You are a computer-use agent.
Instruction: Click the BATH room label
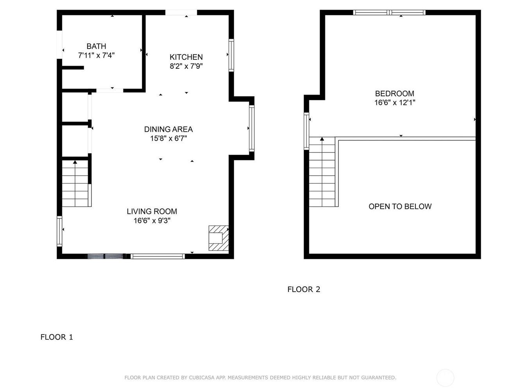coord(96,46)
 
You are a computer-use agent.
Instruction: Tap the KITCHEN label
coord(186,57)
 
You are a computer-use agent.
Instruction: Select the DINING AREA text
coord(168,129)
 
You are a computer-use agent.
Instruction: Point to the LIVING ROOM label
coord(152,211)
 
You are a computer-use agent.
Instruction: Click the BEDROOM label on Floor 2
coord(394,93)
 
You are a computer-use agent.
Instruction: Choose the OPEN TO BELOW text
coord(400,206)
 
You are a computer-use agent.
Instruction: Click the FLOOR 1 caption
coord(57,337)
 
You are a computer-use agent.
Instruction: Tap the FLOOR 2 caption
coord(304,289)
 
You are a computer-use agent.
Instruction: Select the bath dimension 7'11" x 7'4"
coord(96,55)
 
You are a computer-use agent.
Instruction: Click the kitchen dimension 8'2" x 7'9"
coord(186,66)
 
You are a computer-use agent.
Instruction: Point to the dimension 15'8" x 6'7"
coord(168,138)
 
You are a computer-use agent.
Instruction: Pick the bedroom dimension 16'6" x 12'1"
coord(394,102)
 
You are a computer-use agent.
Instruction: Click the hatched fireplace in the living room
coord(218,238)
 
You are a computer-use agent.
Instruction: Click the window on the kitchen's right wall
coord(231,55)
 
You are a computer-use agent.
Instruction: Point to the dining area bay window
coord(252,128)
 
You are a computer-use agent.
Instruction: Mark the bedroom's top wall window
coord(389,13)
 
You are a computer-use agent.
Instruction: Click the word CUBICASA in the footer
coord(202,377)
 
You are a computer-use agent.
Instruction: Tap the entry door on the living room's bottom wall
coord(106,256)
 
